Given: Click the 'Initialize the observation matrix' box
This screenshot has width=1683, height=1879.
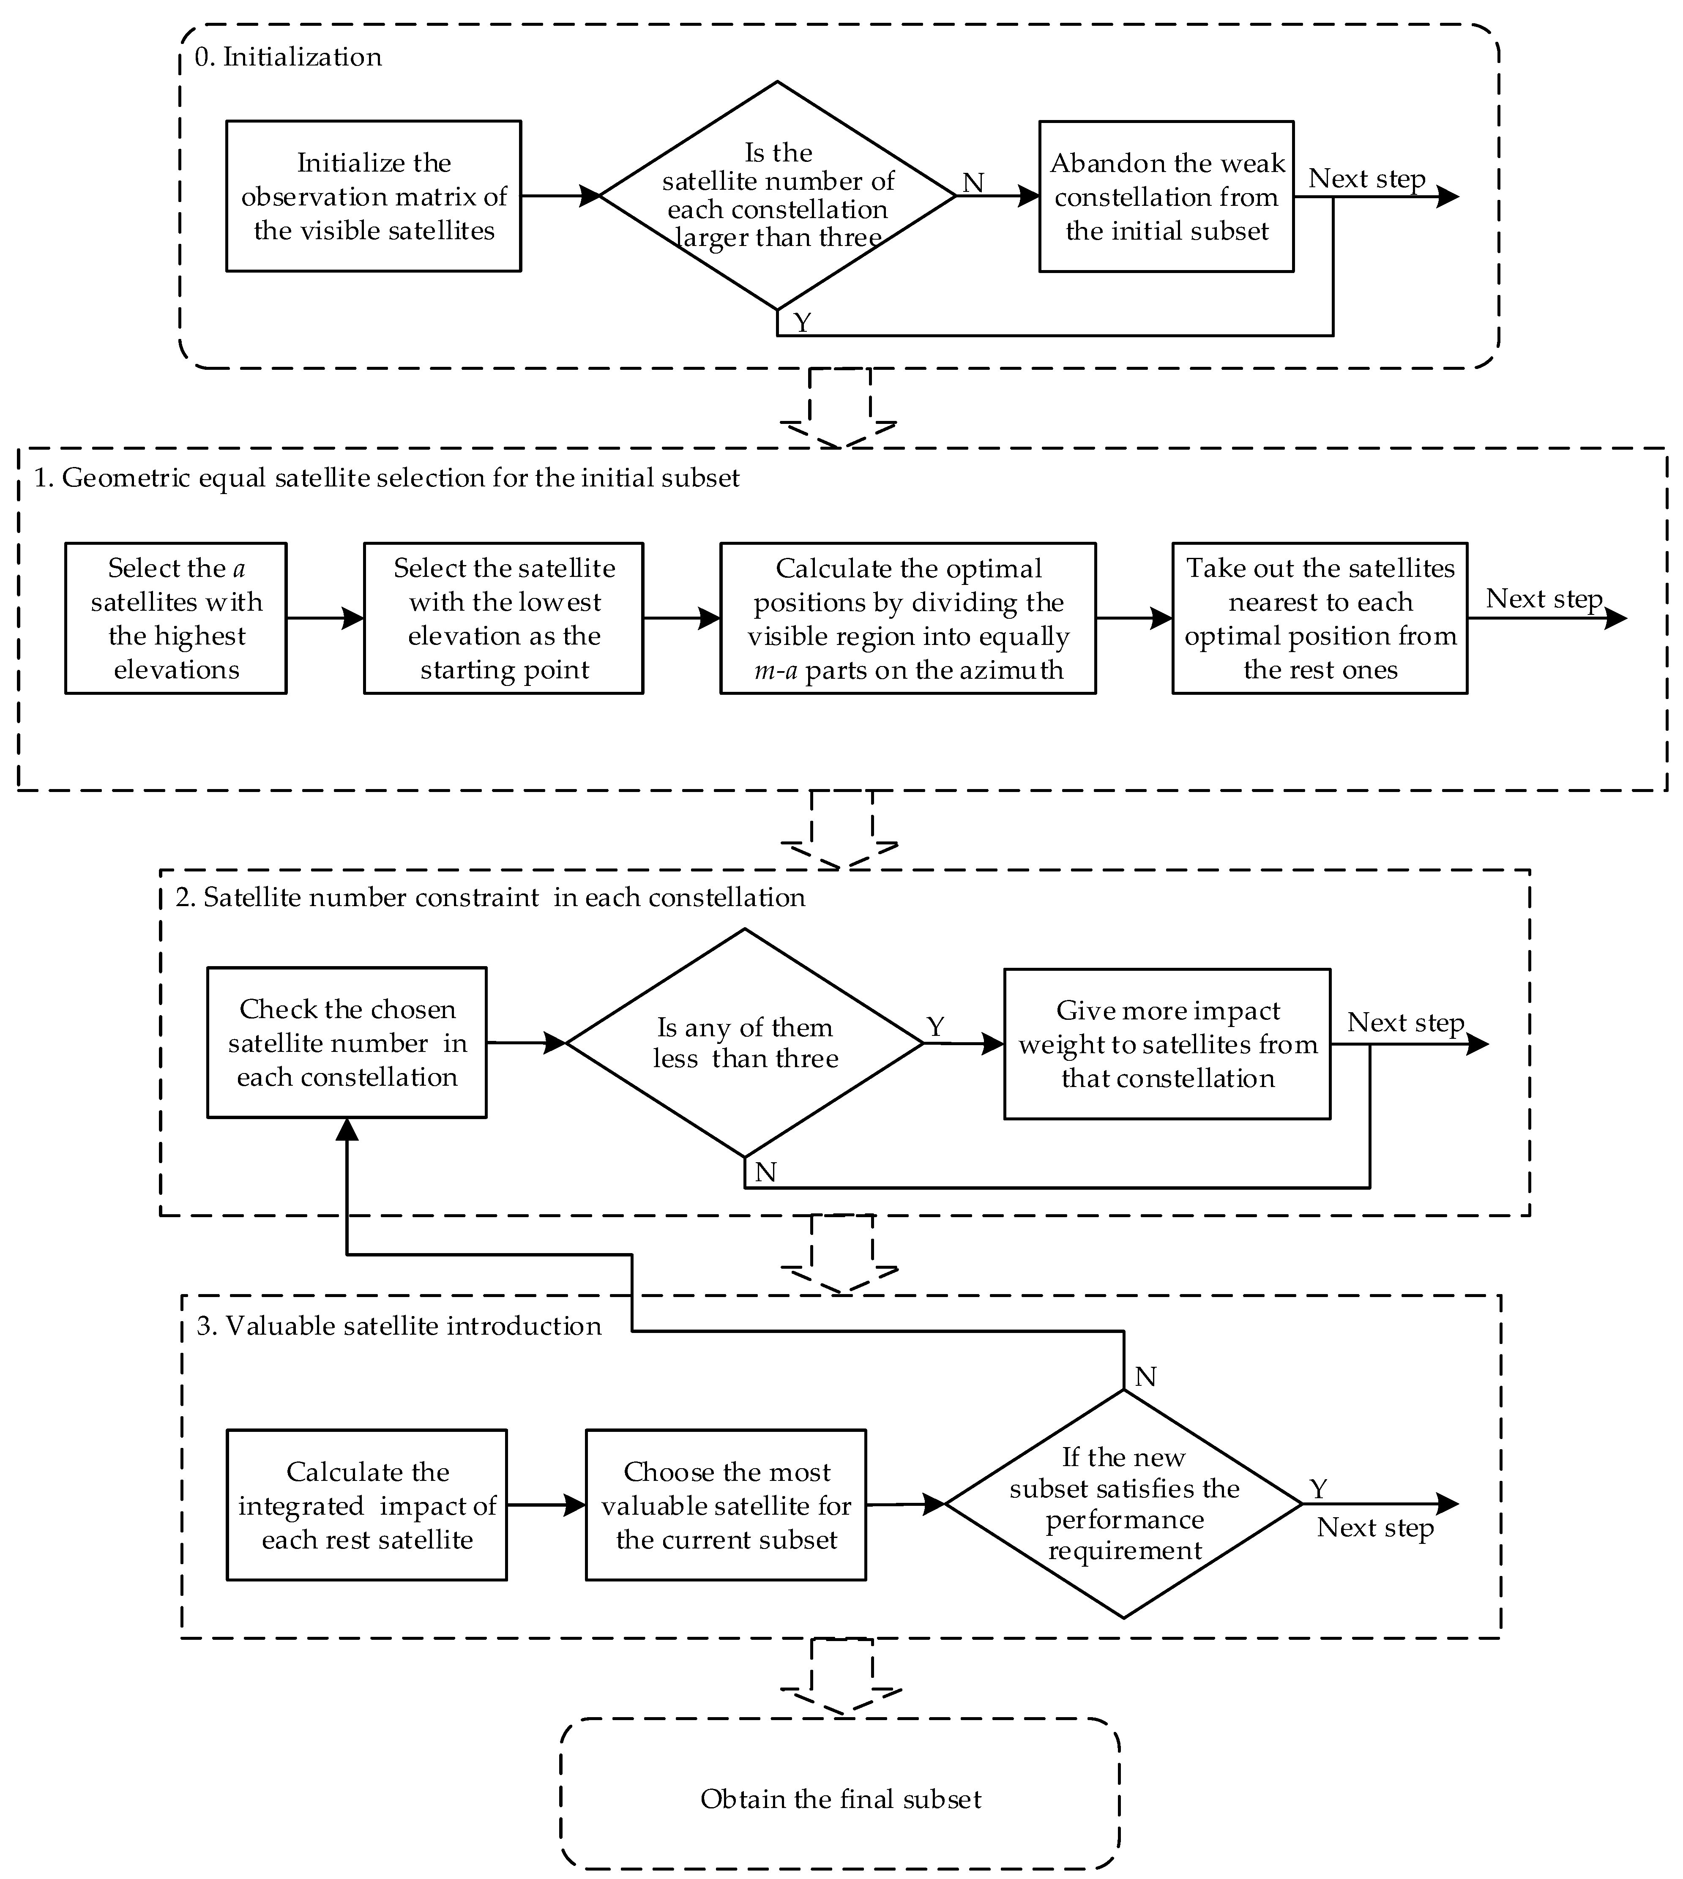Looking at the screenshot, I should click(374, 196).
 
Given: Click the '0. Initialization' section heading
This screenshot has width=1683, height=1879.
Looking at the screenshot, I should click(289, 57).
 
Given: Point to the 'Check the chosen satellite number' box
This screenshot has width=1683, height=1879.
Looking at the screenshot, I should click(347, 1043).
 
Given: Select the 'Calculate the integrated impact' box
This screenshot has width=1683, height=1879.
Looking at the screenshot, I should click(367, 1505).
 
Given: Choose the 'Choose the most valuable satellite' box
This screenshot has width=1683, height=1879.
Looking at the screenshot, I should click(726, 1505).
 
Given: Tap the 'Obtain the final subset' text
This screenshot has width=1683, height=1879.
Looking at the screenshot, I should click(841, 1799).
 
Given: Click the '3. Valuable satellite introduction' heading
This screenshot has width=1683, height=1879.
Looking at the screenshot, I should click(399, 1326).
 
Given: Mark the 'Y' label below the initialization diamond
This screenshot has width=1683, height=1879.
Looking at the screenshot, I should click(803, 323).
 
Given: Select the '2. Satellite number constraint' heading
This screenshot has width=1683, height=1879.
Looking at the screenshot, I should click(490, 898).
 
